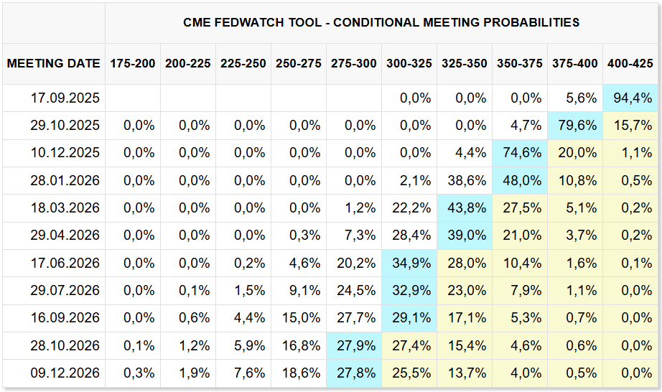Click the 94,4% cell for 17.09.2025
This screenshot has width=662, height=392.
pos(633,98)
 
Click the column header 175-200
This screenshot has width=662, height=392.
pos(133,64)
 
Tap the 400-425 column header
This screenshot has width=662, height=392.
pos(630,64)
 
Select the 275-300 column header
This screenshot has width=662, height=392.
pos(354,64)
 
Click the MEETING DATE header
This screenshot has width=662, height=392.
pos(54,64)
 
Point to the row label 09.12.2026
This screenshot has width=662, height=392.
pos(65,373)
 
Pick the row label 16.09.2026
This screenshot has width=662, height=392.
pos(65,318)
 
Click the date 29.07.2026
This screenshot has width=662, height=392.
pos(65,290)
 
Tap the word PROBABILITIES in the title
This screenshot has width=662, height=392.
pos(531,22)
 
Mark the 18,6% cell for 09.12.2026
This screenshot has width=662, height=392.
pos(301,373)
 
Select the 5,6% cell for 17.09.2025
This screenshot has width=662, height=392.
pos(582,98)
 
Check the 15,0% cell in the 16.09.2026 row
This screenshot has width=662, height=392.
pos(301,318)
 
